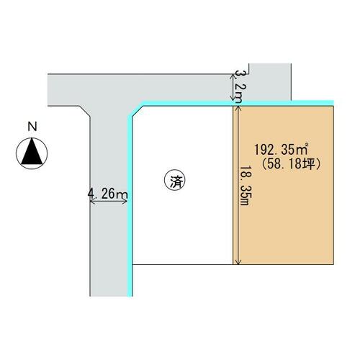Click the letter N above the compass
[x=32, y=127]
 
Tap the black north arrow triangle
[x=32, y=151]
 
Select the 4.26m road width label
[x=107, y=194]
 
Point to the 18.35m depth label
[x=246, y=185]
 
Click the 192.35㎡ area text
[x=281, y=150]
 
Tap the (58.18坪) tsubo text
[x=291, y=165]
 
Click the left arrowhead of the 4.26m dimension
[x=92, y=202]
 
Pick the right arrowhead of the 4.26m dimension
[x=125, y=202]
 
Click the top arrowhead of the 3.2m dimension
[x=233, y=76]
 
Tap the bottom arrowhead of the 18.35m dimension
[x=238, y=263]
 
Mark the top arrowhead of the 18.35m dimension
[x=238, y=108]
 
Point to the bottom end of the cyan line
[x=130, y=296]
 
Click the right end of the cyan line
[x=333, y=103]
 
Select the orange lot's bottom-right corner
[x=333, y=264]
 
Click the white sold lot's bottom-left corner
[x=132, y=264]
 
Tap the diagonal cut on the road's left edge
[x=85, y=112]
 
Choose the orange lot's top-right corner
[x=333, y=106]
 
